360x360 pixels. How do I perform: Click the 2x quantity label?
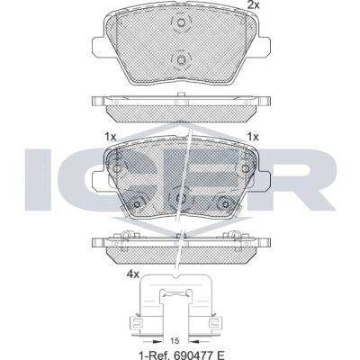(253, 5)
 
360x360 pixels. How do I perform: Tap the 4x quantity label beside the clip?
(133, 274)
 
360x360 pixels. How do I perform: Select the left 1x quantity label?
(110, 137)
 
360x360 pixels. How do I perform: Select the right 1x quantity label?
(253, 137)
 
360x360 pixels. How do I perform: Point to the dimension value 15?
(175, 341)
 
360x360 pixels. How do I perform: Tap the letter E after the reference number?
(220, 355)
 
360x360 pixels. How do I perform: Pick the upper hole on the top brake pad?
(181, 22)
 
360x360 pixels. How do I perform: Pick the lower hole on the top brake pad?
(181, 60)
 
